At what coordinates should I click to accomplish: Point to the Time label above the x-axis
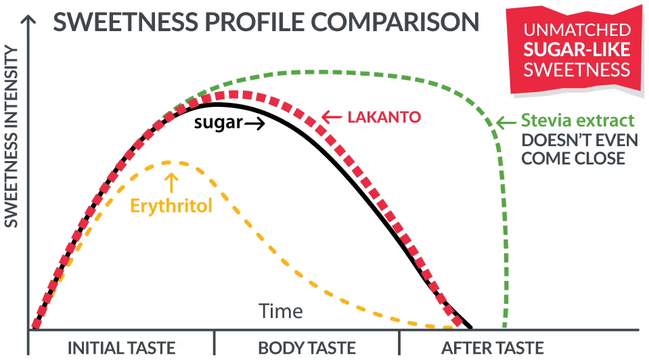[x=281, y=311]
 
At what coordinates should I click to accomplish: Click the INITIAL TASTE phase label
[x=122, y=348]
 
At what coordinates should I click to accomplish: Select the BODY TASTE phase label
[x=307, y=348]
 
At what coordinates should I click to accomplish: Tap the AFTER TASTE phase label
[x=492, y=348]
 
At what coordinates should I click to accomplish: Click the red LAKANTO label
[x=384, y=117]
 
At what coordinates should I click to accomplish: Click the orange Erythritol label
[x=171, y=205]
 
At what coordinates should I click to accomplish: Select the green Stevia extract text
[x=578, y=121]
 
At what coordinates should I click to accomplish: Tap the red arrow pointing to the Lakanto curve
[x=331, y=117]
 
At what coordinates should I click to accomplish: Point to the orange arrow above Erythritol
[x=171, y=181]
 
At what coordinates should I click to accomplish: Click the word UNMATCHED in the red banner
[x=577, y=31]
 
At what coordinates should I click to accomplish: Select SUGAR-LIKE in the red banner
[x=577, y=49]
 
